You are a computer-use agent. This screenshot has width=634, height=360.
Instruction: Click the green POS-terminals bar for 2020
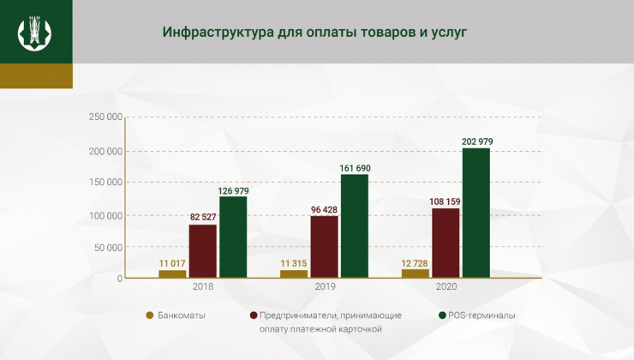click(475, 213)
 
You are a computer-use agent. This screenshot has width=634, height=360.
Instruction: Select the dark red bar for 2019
click(324, 247)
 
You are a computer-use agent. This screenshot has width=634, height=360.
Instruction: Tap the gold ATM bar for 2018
click(172, 273)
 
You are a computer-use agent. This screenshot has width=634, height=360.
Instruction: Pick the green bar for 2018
click(233, 237)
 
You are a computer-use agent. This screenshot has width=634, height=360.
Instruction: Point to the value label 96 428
click(324, 208)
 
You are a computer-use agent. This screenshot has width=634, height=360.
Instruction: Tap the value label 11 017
click(172, 263)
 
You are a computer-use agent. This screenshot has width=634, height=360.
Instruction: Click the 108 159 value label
click(445, 201)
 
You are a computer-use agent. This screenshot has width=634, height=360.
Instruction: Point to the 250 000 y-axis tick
click(105, 117)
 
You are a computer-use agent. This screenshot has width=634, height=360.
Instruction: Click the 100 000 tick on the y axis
click(105, 214)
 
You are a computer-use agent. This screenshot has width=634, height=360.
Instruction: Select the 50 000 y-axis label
click(109, 247)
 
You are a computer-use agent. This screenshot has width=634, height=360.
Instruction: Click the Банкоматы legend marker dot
click(150, 315)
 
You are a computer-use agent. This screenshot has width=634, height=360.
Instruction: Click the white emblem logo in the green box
click(35, 32)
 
